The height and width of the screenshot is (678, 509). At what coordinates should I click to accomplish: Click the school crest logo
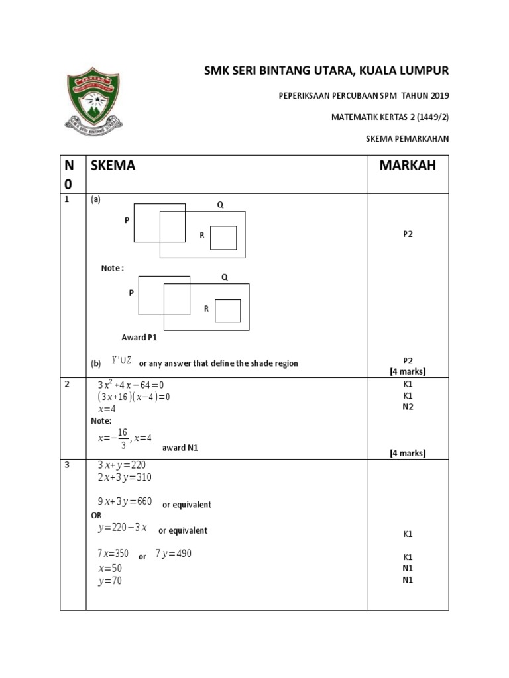tap(94, 102)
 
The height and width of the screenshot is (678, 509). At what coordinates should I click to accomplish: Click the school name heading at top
tap(326, 71)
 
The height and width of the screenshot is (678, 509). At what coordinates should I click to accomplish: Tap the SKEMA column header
tap(113, 166)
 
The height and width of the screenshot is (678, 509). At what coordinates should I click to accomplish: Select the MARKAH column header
tap(408, 166)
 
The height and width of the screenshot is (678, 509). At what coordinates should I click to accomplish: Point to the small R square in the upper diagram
tap(223, 238)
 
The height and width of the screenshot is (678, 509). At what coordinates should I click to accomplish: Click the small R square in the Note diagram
tap(228, 311)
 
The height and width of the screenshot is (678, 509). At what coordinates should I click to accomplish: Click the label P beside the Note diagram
tap(131, 292)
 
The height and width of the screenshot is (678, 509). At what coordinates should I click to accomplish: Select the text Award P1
tap(139, 337)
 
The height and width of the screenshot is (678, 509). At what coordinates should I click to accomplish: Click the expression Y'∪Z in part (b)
tap(122, 361)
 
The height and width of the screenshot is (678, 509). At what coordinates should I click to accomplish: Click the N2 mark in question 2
tap(408, 407)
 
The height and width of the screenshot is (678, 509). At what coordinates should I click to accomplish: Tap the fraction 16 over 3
tap(123, 438)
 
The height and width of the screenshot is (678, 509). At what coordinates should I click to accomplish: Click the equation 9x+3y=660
tap(125, 503)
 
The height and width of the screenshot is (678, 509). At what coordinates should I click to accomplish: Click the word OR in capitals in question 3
tap(96, 516)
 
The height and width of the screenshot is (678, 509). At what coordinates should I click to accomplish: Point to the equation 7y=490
tap(173, 554)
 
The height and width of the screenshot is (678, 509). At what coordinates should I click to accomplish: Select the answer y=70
tap(110, 581)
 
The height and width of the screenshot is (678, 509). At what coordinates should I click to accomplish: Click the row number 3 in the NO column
tap(66, 465)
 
